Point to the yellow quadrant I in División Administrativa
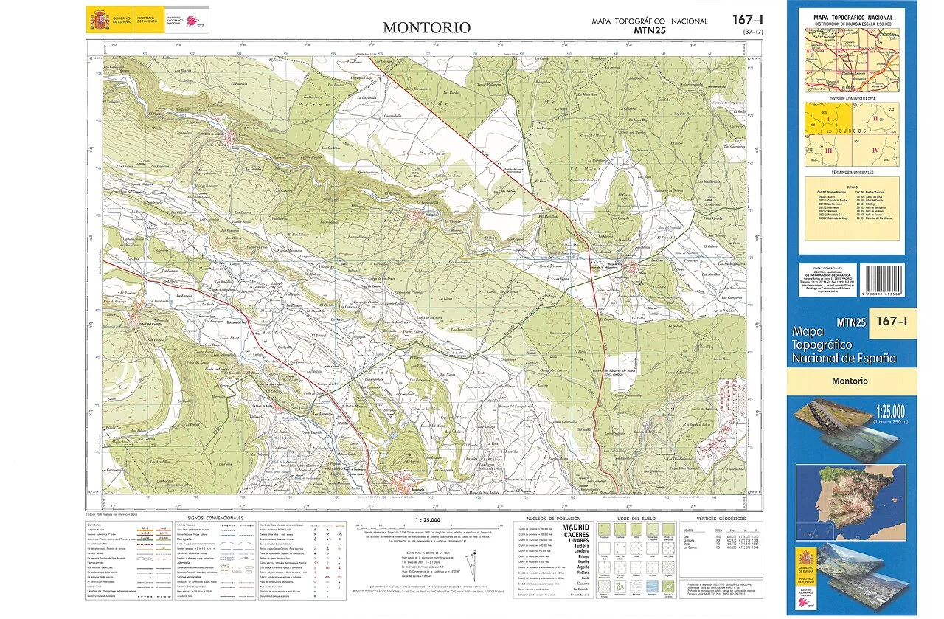pyautogui.click(x=827, y=120)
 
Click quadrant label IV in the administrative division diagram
pyautogui.click(x=875, y=151)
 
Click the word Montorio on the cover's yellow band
pyautogui.click(x=850, y=381)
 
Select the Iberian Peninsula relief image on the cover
pyautogui.click(x=850, y=492)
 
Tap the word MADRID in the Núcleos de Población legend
pyautogui.click(x=576, y=528)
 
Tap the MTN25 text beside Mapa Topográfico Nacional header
pyautogui.click(x=649, y=30)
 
